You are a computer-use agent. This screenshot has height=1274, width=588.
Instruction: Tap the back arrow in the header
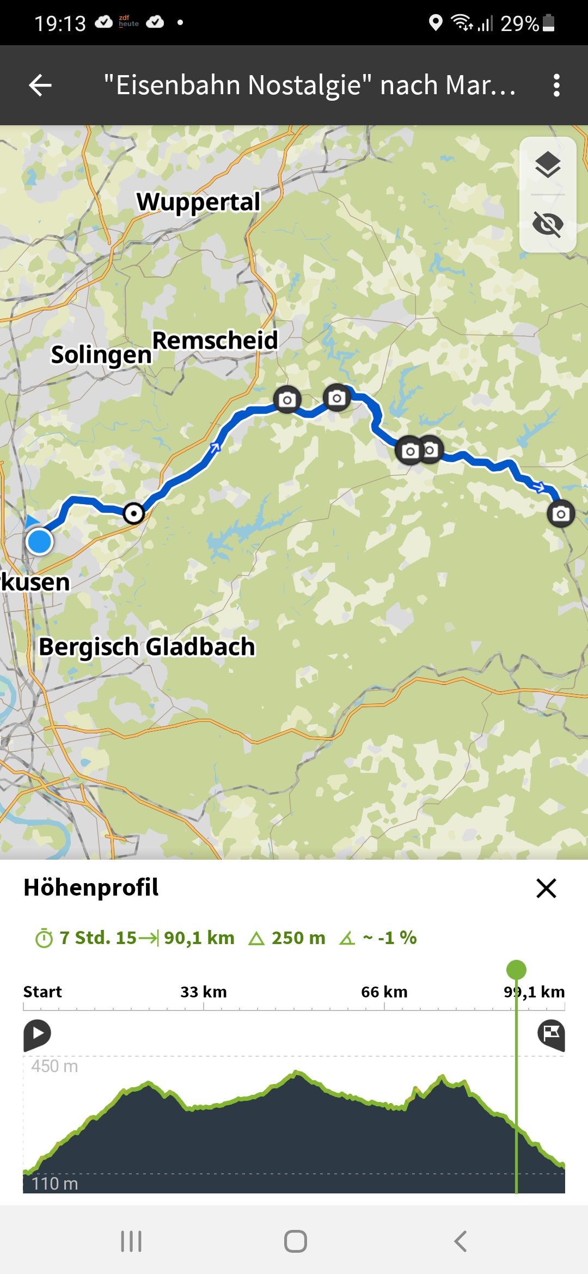tap(40, 85)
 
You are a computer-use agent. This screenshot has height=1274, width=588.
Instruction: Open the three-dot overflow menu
tap(556, 85)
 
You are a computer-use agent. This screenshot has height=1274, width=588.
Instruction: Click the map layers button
tap(548, 165)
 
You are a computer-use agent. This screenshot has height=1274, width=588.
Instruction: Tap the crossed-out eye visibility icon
tap(548, 224)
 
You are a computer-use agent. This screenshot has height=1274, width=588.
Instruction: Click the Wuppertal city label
tap(199, 202)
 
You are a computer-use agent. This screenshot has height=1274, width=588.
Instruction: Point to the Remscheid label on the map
tap(215, 341)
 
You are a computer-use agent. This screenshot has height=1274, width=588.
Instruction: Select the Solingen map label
tap(101, 355)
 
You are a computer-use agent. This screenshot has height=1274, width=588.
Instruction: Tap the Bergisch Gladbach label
tap(147, 647)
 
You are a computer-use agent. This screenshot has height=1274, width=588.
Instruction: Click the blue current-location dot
tap(39, 542)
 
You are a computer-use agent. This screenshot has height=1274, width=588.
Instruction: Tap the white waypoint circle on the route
tap(133, 513)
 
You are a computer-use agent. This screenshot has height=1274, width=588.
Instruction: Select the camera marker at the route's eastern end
tap(561, 513)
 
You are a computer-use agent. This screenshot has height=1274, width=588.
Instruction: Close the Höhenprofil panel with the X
tap(546, 888)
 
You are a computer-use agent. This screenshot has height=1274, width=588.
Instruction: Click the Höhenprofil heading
tap(91, 887)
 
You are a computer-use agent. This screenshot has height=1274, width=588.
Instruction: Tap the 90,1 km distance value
tap(199, 938)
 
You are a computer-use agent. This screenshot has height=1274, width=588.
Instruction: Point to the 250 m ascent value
tap(298, 938)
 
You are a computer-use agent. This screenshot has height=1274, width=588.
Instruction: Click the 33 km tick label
tap(204, 992)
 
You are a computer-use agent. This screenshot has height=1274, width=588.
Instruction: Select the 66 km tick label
tap(384, 992)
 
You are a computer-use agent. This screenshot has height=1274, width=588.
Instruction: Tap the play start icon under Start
tap(37, 1034)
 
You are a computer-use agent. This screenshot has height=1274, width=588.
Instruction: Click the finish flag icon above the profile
tap(551, 1034)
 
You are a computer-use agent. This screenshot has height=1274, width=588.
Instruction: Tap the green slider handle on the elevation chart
tap(516, 970)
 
